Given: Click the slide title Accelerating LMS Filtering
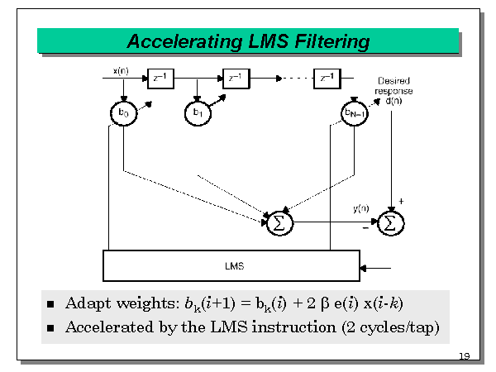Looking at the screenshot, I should tap(248, 41).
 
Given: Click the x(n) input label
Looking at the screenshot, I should tap(120, 70).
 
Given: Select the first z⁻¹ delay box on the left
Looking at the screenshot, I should tap(160, 78).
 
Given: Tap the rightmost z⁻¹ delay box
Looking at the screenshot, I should tap(327, 78).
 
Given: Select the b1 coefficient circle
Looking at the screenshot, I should tap(197, 112).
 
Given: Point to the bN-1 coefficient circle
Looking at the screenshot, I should tap(354, 112).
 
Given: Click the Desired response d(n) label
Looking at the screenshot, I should tap(393, 90).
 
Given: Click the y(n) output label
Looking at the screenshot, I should tap(361, 209).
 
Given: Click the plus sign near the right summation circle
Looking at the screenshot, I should tap(402, 201).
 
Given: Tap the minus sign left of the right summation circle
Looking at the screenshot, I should tap(365, 229).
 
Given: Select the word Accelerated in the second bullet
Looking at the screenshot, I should tap(103, 327).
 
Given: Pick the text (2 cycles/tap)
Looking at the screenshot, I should tap(389, 327).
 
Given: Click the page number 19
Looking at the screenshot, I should tap(463, 356).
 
